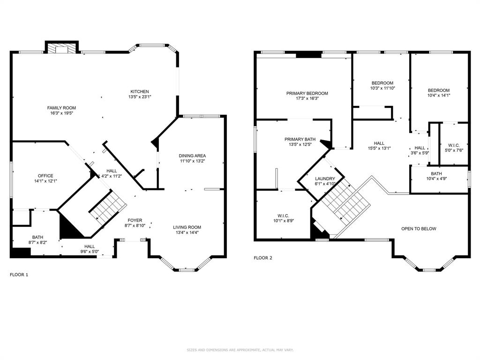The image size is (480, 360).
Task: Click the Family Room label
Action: (x=61, y=108)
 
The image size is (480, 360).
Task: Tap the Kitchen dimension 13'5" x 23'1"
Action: (x=140, y=97)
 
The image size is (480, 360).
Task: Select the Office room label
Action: (x=45, y=176)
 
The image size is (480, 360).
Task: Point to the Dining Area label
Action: (x=192, y=156)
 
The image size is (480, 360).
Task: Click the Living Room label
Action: (x=187, y=227)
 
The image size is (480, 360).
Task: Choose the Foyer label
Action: (x=135, y=220)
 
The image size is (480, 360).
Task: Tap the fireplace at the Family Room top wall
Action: (x=62, y=47)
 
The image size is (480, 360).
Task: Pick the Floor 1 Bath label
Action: (x=37, y=237)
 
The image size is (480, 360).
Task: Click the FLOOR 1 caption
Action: (x=19, y=275)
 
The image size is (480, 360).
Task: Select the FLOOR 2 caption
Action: (x=263, y=258)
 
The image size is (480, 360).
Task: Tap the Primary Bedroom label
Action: (x=307, y=93)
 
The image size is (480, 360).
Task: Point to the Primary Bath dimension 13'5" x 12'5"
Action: (x=300, y=144)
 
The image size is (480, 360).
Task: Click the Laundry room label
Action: (x=325, y=179)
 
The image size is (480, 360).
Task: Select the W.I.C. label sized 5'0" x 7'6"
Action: (x=454, y=145)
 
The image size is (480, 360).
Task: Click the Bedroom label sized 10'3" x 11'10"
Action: (x=382, y=83)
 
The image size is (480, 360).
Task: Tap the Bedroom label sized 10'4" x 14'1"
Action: (x=439, y=90)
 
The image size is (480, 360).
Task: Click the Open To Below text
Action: (x=419, y=229)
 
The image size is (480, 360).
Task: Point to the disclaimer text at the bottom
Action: (x=240, y=350)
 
